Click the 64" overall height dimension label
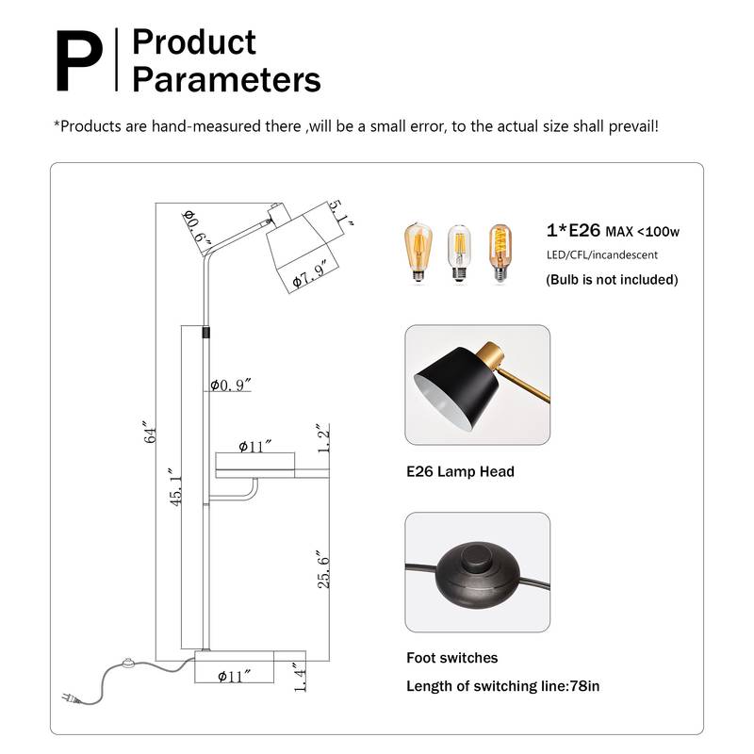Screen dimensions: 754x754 coord(150,433)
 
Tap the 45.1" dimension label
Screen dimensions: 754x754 coord(176,486)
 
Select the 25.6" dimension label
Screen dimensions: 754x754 coord(323,570)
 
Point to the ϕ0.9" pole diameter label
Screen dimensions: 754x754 coord(231,385)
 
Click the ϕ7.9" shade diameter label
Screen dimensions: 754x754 coord(310,274)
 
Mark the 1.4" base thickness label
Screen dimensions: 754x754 coord(300,678)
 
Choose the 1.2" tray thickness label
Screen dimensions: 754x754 coord(323,438)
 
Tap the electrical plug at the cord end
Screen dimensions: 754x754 coord(71,698)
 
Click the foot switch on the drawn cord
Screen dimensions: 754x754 coord(128,663)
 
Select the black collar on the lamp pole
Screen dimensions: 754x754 coord(205,332)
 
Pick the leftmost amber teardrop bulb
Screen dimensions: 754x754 coord(418,252)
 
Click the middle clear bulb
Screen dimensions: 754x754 coord(459,253)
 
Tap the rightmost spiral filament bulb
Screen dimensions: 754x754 coord(500,253)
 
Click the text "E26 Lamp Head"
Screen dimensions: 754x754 coord(460,471)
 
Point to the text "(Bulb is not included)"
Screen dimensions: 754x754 coord(612,279)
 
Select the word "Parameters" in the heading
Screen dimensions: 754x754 coord(226,80)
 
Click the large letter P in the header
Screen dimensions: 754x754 coord(79,60)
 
